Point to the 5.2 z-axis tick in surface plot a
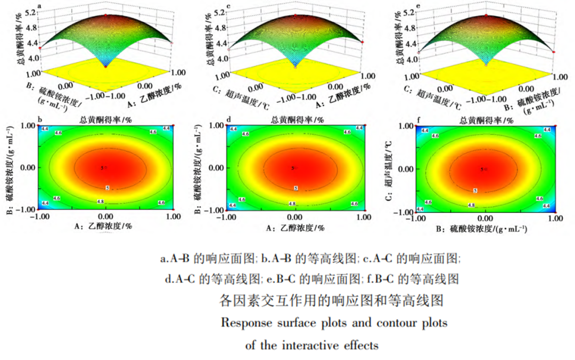pyautogui.click(x=30, y=11)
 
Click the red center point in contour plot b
pyautogui.click(x=105, y=168)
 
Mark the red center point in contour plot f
pyautogui.click(x=485, y=169)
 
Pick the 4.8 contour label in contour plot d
pyautogui.click(x=292, y=203)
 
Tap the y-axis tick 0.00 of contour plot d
pyautogui.click(x=215, y=168)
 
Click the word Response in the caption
pyautogui.click(x=246, y=323)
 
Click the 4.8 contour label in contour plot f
pyautogui.click(x=471, y=205)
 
